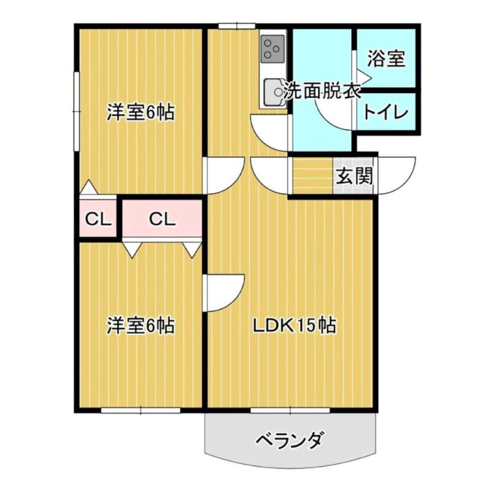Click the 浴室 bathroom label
387,59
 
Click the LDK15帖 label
295,326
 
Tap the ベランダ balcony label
288,439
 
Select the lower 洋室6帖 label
141,325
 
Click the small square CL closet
97,218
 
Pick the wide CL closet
162,218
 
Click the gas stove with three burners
272,48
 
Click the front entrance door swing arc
399,175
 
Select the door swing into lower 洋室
225,292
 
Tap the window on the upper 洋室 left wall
75,110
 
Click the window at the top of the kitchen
236,26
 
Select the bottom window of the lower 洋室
140,409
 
